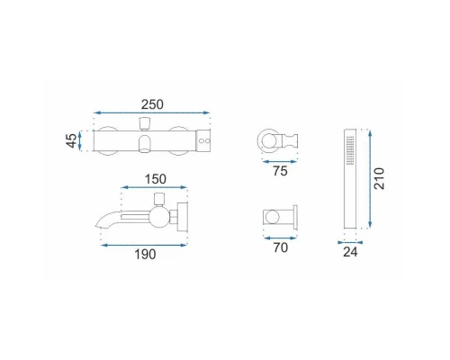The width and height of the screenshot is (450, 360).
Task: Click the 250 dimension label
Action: (152, 104)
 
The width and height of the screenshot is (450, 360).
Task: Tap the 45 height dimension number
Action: (71, 140)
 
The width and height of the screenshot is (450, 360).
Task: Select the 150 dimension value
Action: (156, 179)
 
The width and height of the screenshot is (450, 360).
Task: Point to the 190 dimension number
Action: (145, 255)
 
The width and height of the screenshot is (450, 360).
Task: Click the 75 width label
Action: (280, 171)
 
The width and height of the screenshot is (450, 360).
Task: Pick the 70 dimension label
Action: (281, 247)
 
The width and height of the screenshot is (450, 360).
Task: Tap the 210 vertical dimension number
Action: (379, 178)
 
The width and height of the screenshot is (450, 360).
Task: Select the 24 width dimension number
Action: (350, 252)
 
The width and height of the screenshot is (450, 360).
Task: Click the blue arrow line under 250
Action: (151, 112)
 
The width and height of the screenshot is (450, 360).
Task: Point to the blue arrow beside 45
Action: (80, 140)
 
